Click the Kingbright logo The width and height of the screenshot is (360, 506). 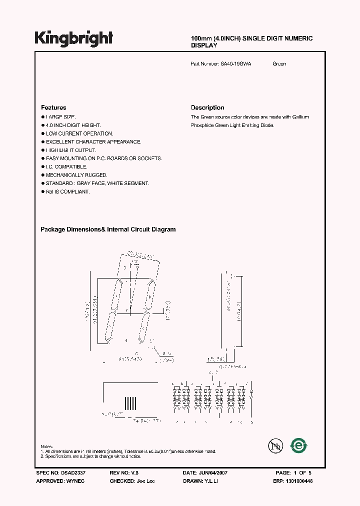[74, 38]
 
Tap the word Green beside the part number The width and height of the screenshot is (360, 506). [279, 64]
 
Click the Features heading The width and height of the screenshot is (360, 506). [53, 107]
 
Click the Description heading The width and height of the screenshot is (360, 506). [207, 107]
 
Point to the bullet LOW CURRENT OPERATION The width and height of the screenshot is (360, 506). [79, 133]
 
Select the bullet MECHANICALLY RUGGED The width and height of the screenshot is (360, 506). [76, 175]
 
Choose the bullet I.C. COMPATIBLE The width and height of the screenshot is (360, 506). [66, 166]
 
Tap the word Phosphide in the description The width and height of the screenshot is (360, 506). [202, 125]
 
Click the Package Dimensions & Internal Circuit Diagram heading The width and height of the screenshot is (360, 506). [108, 229]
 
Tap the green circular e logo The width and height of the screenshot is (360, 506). [299, 445]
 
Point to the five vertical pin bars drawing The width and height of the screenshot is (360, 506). [130, 402]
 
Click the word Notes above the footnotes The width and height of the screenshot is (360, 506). [46, 446]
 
